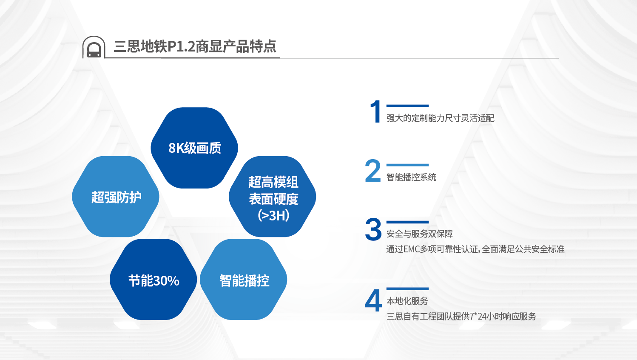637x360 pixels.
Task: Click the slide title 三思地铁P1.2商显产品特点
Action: (195, 46)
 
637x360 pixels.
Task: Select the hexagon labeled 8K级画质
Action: (194, 148)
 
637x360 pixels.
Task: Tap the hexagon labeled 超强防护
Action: (116, 197)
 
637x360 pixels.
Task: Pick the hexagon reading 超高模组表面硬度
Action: (273, 190)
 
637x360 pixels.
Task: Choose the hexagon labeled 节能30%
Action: (154, 280)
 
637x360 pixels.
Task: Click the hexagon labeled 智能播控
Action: (244, 280)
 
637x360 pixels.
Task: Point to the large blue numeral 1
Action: (375, 111)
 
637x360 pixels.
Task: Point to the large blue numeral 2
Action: (373, 171)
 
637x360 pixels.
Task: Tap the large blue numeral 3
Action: (373, 229)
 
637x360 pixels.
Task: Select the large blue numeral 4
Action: (373, 300)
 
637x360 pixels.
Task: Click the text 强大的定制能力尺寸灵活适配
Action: (440, 118)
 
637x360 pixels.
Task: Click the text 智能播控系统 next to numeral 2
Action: (411, 177)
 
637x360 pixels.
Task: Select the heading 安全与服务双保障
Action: (419, 234)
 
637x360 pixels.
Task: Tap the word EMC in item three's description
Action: (411, 249)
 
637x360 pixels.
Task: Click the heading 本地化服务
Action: (407, 301)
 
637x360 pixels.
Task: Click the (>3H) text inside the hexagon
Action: (273, 216)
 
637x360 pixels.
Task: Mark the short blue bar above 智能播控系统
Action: (407, 165)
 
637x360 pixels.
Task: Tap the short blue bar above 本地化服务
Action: (407, 289)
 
